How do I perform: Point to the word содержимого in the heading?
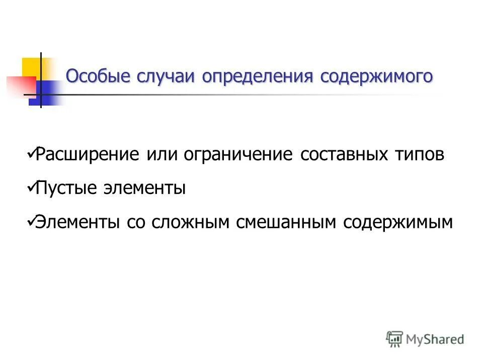[x=377, y=76]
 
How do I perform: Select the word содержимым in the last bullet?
[x=398, y=222]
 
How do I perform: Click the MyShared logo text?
[x=435, y=339]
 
